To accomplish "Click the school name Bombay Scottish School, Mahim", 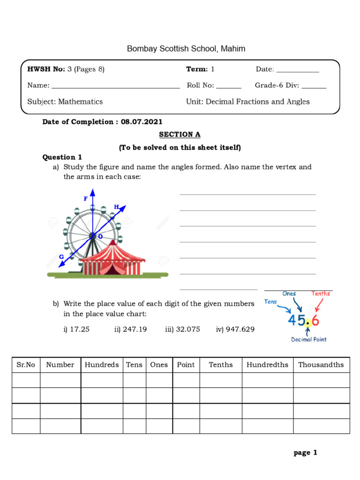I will tap(186, 49).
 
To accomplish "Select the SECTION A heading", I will tap(180, 135).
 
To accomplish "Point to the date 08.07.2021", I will tap(142, 122).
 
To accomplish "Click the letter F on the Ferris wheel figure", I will tap(86, 199).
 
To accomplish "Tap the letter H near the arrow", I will tap(116, 207).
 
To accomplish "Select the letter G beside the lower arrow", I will tap(61, 256).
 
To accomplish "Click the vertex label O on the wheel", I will tap(100, 237).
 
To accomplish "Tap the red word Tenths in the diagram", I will tap(321, 294).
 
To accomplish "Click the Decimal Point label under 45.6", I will tap(308, 339).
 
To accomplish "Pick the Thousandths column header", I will tap(321, 365).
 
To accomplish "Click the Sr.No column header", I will tap(26, 365).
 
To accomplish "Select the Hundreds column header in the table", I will tap(102, 365).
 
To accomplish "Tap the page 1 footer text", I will tap(306, 452).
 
